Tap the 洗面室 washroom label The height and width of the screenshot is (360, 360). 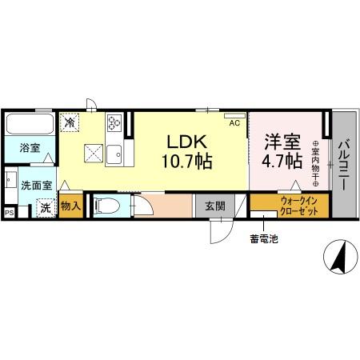pyautogui.click(x=37, y=185)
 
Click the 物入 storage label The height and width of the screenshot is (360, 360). pyautogui.click(x=70, y=205)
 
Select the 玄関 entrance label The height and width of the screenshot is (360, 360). pyautogui.click(x=214, y=206)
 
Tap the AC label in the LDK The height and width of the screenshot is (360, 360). pyautogui.click(x=234, y=123)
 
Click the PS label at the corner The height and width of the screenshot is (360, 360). pyautogui.click(x=10, y=213)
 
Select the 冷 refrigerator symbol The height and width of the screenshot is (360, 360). pyautogui.click(x=70, y=122)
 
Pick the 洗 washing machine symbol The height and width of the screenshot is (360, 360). pyautogui.click(x=46, y=206)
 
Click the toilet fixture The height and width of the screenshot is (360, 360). pyautogui.click(x=106, y=206)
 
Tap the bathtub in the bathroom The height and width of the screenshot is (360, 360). pyautogui.click(x=30, y=125)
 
